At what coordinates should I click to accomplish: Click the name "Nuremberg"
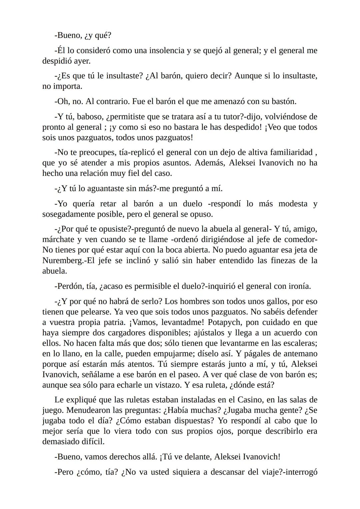(x=62, y=260)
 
